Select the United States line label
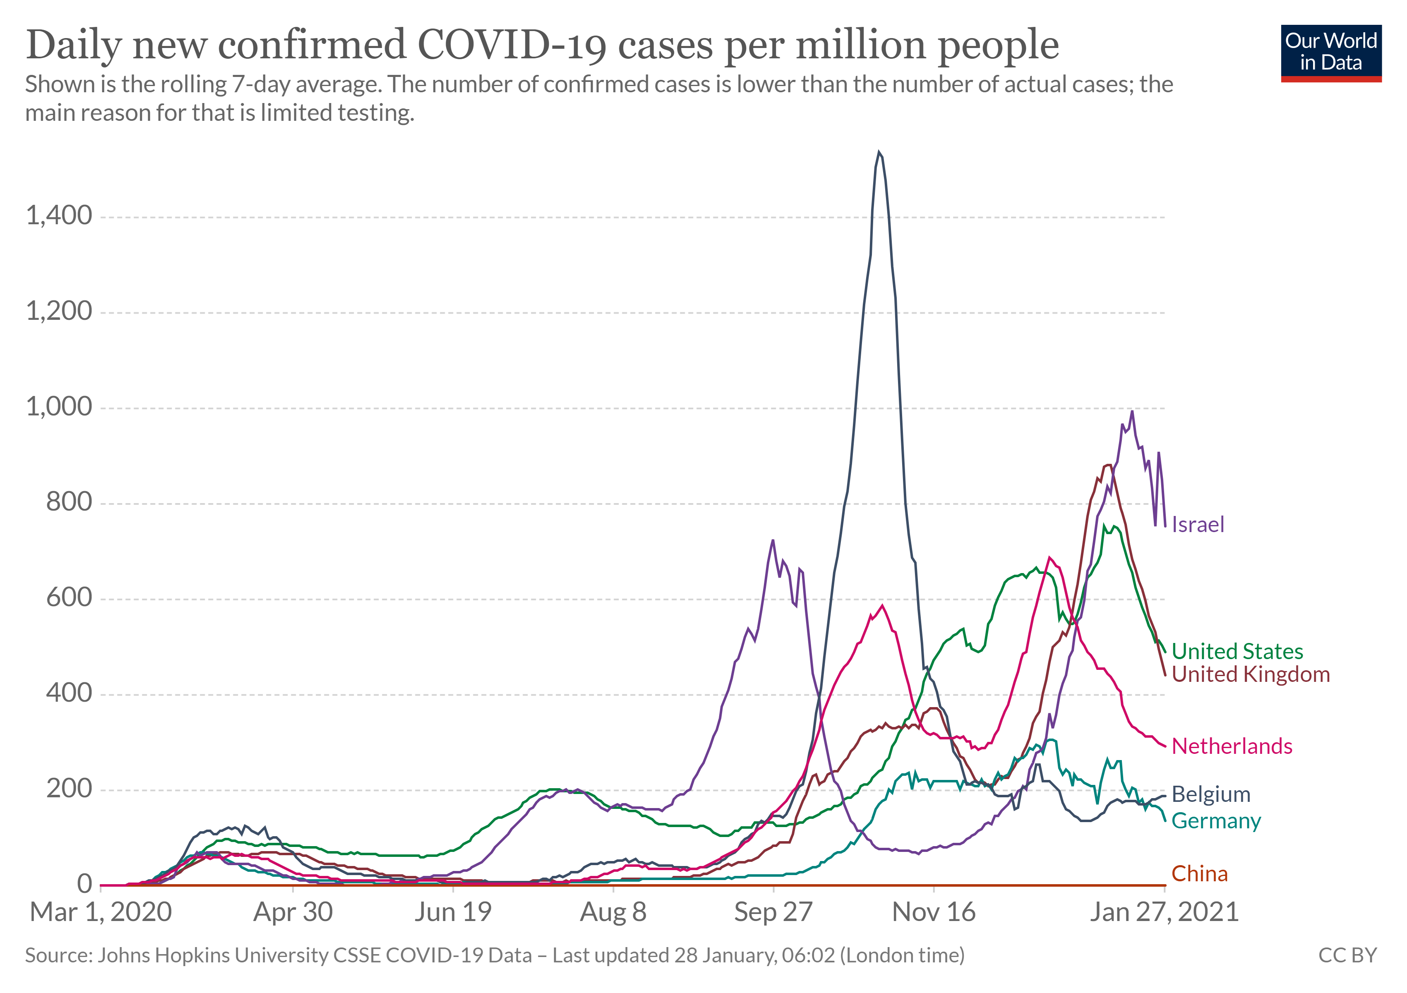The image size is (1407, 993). (1237, 651)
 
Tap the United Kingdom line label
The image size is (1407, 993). (1250, 674)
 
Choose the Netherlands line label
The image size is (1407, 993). (1232, 746)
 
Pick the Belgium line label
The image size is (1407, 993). (1210, 794)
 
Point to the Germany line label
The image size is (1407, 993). (1216, 821)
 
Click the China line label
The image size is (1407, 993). (1199, 874)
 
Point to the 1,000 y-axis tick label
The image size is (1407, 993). (59, 407)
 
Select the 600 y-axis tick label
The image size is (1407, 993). (69, 597)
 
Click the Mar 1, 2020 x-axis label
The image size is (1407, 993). (101, 912)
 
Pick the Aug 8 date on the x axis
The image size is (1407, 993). (613, 912)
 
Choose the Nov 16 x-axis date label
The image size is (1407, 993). (933, 912)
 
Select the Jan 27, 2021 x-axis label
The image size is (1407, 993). (1164, 912)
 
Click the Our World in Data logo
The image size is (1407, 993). (1330, 53)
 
